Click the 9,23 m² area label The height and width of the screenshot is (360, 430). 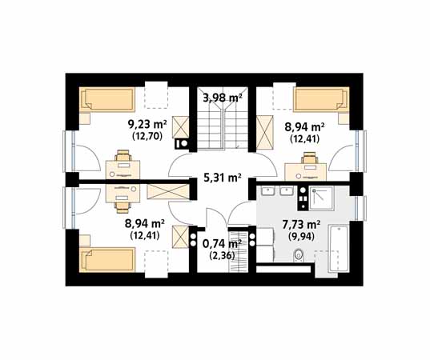(147, 125)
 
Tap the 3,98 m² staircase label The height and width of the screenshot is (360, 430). (223, 98)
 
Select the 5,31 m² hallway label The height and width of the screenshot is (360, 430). (223, 178)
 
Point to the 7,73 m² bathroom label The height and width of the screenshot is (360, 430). (301, 225)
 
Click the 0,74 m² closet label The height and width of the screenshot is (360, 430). (222, 242)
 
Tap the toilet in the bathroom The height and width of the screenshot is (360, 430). (299, 255)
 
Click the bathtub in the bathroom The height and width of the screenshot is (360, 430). (339, 249)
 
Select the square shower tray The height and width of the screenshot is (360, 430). (322, 198)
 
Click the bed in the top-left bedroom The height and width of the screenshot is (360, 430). (107, 99)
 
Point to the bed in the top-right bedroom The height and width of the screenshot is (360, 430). (321, 99)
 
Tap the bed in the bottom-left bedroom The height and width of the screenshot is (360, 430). (107, 260)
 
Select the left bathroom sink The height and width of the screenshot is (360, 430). (268, 191)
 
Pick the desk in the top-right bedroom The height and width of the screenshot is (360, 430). (306, 172)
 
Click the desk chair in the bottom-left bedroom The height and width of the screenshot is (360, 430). (123, 207)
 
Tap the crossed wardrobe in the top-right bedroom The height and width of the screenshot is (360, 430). (265, 132)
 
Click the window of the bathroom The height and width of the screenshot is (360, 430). (360, 209)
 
